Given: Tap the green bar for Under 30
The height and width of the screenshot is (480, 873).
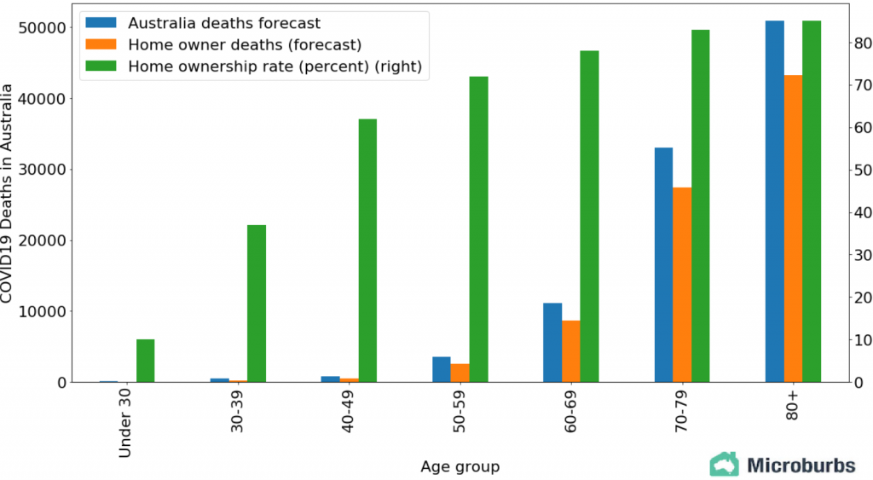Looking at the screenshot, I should (x=145, y=361).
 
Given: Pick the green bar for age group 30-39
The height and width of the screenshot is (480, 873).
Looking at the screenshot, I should (x=256, y=304).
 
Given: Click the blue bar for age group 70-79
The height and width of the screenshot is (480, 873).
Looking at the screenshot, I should (x=663, y=264).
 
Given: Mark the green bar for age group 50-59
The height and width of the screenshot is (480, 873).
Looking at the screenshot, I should (x=478, y=229).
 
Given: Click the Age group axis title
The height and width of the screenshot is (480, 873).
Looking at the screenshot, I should (x=460, y=466).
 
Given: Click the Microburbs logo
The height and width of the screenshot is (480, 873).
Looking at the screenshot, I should (x=782, y=465).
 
